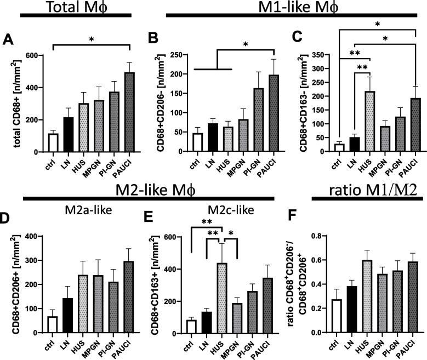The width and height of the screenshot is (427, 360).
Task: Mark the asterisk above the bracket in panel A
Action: click(91, 41)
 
